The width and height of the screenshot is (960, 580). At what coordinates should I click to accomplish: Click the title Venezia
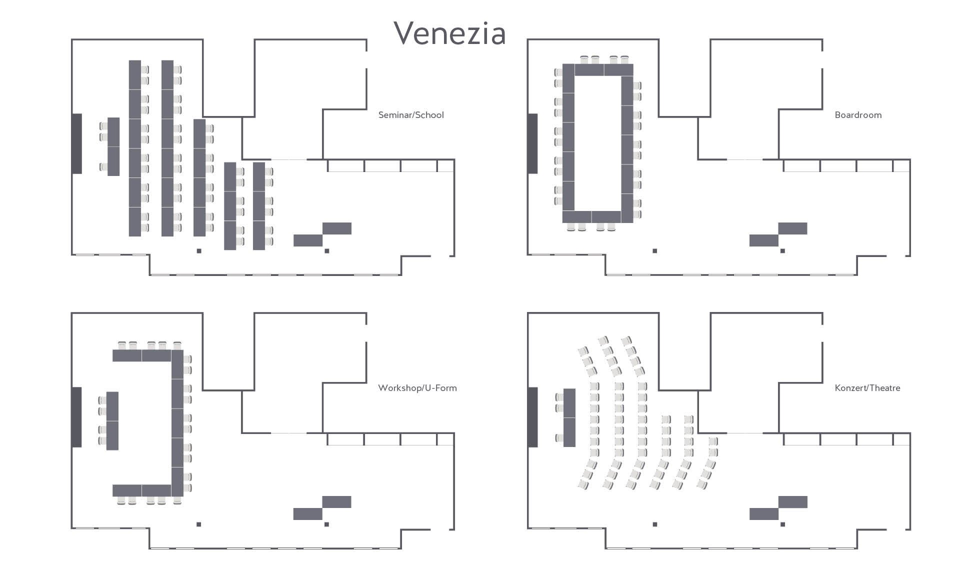pyautogui.click(x=449, y=33)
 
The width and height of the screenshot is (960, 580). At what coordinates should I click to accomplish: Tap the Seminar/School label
pyautogui.click(x=411, y=115)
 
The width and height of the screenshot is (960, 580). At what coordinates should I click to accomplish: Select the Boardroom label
pyautogui.click(x=858, y=115)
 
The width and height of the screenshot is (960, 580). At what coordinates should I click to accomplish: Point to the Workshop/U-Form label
pyautogui.click(x=417, y=388)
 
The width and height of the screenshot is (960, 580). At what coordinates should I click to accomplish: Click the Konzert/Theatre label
pyautogui.click(x=867, y=388)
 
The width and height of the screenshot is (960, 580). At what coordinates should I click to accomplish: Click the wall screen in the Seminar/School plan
pyautogui.click(x=77, y=143)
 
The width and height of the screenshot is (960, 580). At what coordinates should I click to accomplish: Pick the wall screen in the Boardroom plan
pyautogui.click(x=533, y=143)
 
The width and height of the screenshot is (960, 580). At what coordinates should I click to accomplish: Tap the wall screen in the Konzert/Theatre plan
pyautogui.click(x=533, y=417)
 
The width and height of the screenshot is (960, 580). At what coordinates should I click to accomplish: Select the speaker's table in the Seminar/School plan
pyautogui.click(x=113, y=146)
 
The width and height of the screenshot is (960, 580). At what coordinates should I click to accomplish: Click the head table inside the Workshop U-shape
pyautogui.click(x=112, y=421)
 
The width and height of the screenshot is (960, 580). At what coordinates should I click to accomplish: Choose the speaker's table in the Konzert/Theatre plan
pyautogui.click(x=569, y=417)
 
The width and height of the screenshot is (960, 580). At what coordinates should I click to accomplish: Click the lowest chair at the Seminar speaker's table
pyautogui.click(x=103, y=167)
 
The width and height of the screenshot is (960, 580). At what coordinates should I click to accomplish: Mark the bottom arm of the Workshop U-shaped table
pyautogui.click(x=142, y=490)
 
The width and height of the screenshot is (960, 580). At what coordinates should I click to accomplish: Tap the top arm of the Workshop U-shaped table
pyautogui.click(x=142, y=355)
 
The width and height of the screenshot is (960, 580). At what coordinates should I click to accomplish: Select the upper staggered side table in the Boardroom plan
pyautogui.click(x=792, y=228)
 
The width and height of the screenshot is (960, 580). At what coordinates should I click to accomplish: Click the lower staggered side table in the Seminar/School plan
pyautogui.click(x=307, y=240)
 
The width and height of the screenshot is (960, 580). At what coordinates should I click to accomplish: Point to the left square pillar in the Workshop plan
pyautogui.click(x=199, y=524)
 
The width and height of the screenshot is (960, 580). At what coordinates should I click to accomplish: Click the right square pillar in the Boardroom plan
pyautogui.click(x=782, y=251)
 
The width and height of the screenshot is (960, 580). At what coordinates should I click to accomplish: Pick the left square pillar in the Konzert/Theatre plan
pyautogui.click(x=655, y=524)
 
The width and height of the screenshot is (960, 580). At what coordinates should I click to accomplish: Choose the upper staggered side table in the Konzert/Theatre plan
pyautogui.click(x=792, y=501)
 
